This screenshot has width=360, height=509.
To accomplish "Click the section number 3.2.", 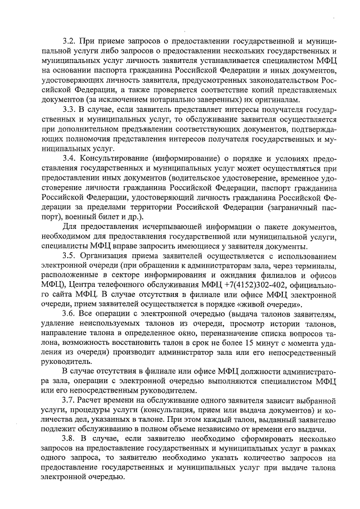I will tap(69, 42).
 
